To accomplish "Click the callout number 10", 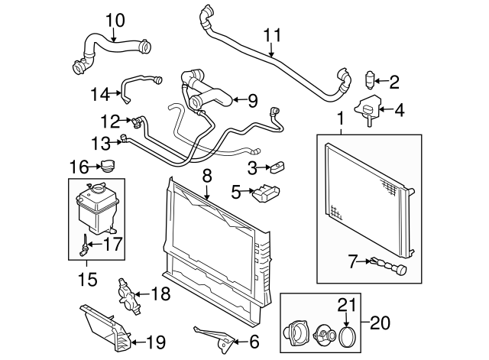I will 114,18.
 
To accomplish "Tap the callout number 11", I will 273,35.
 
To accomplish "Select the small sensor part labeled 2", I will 372,79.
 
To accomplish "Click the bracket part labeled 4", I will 370,110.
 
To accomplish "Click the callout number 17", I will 112,246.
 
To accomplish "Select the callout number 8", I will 206,175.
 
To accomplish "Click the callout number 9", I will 253,100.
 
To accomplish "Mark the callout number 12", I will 110,120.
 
